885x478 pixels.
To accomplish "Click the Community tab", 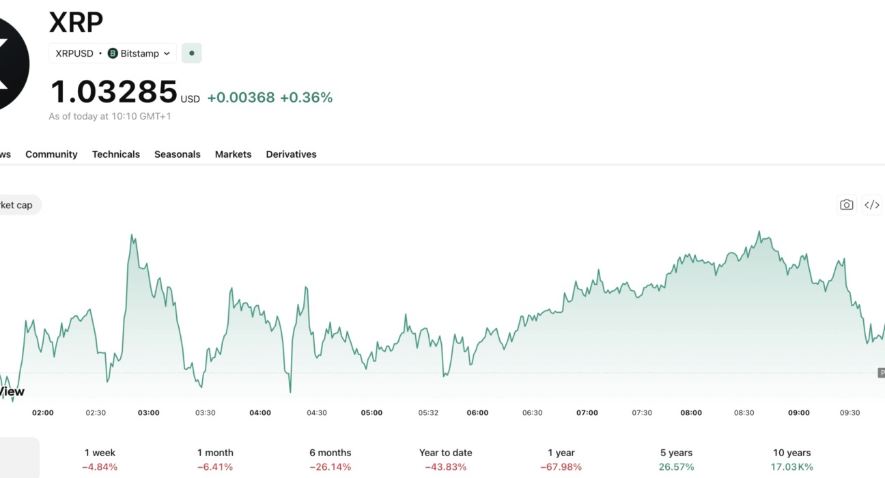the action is [51, 154].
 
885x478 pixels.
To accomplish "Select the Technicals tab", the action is [116, 154].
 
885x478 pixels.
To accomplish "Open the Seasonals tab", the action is [178, 154].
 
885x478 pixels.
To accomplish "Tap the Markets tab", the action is [233, 154].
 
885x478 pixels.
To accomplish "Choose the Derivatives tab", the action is [291, 154].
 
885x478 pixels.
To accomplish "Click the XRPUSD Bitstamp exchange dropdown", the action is [113, 53].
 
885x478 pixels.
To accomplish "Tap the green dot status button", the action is [192, 53].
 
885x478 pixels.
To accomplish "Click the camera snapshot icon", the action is [846, 205].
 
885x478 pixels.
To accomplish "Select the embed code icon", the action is [872, 205].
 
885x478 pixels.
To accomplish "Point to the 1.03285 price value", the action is [114, 92].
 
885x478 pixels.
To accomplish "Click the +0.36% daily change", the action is [306, 98].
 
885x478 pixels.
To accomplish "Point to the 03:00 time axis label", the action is [149, 413].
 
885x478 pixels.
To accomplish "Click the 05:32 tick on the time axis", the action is [428, 413].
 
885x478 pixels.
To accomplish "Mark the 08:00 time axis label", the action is [691, 413].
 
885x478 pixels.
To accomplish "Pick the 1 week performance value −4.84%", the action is [100, 467].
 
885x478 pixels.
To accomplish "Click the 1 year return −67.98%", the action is [561, 467].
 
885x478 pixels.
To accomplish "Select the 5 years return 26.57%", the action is [677, 467].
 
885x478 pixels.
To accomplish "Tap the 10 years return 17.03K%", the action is [791, 467].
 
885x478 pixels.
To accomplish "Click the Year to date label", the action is [446, 453].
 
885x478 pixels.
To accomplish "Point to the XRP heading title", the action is [76, 22].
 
